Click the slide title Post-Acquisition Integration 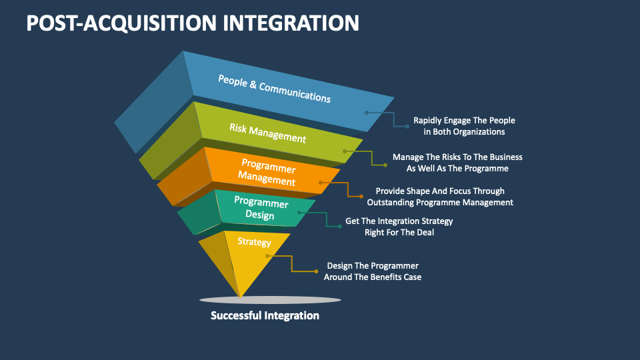(x=193, y=23)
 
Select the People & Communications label (x=274, y=88)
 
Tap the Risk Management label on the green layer (x=267, y=133)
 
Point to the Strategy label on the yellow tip (x=254, y=242)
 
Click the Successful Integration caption (x=265, y=315)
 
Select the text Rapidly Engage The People (x=464, y=121)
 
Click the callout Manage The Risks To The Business (x=457, y=157)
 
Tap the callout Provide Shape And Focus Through (x=440, y=191)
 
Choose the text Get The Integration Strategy (x=399, y=221)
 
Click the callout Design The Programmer (x=372, y=265)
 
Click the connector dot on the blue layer (x=366, y=113)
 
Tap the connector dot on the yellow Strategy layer (x=267, y=255)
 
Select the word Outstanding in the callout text (x=394, y=202)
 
